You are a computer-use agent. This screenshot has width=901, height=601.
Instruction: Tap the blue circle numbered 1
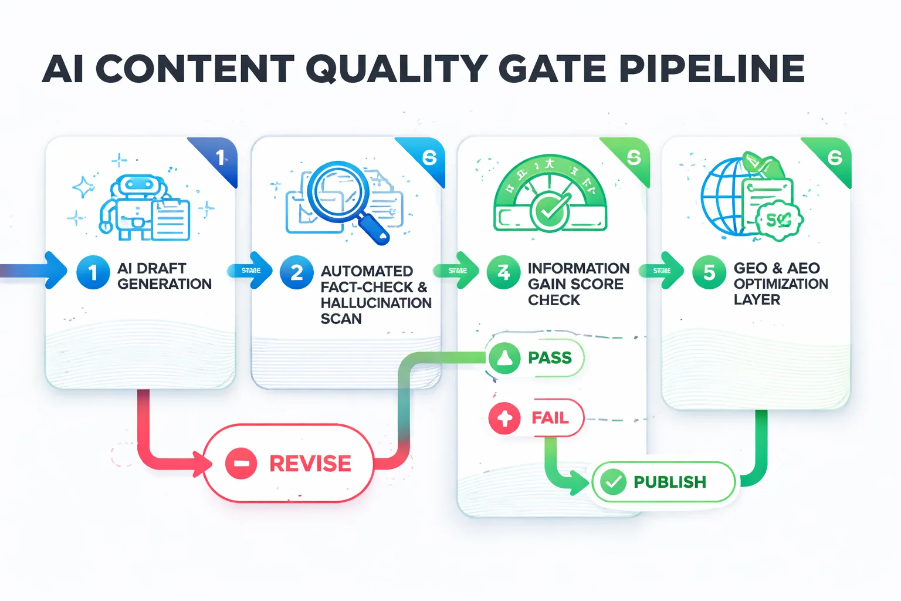pyautogui.click(x=93, y=272)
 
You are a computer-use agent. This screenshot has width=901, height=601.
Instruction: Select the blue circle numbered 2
pyautogui.click(x=297, y=272)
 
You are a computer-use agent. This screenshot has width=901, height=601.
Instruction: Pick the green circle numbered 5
pyautogui.click(x=709, y=272)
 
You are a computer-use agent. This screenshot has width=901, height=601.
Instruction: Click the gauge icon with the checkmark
pyautogui.click(x=550, y=197)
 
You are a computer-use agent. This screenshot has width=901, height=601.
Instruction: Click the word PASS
pyautogui.click(x=550, y=357)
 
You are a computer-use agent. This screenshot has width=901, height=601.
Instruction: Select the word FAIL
pyautogui.click(x=550, y=418)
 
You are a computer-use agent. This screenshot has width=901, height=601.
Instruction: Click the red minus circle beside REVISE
pyautogui.click(x=241, y=463)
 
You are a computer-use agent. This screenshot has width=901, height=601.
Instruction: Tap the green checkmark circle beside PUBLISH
pyautogui.click(x=614, y=482)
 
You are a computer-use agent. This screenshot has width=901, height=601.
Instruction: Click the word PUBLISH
pyautogui.click(x=669, y=482)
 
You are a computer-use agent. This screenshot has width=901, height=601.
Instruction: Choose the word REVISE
pyautogui.click(x=310, y=464)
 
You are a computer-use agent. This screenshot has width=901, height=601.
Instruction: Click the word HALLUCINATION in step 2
pyautogui.click(x=376, y=303)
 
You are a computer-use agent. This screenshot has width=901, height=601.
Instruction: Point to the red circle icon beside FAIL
pyautogui.click(x=504, y=418)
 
